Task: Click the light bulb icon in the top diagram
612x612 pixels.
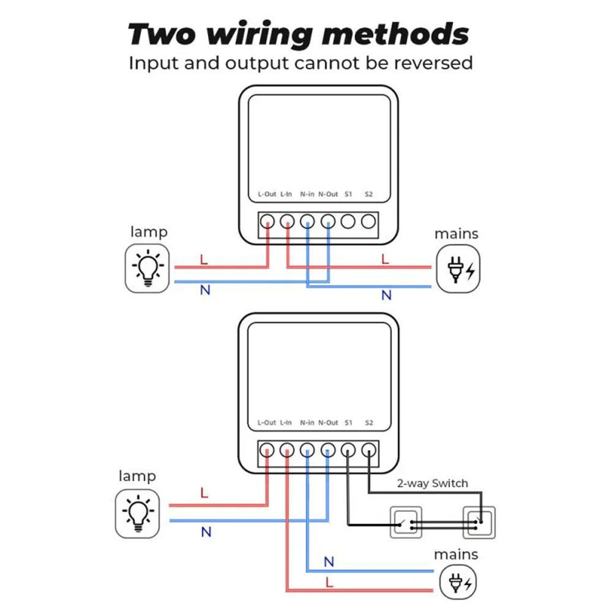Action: tap(147, 267)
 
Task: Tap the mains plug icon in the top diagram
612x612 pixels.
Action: tap(458, 268)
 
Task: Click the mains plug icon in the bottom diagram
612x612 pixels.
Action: tap(458, 580)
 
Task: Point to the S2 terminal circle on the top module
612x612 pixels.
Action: tap(368, 222)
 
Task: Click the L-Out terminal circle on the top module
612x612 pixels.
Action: tap(267, 222)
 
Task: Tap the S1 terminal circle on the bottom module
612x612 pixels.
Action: tap(348, 450)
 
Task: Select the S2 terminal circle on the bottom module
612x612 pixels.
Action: tap(368, 450)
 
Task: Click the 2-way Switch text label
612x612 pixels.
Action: tap(431, 483)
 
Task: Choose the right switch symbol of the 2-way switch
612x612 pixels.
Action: tap(479, 523)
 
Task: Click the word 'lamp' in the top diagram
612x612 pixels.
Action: tap(148, 233)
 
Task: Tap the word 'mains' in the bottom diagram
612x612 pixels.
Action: tap(456, 554)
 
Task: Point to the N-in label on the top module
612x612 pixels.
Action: tap(307, 194)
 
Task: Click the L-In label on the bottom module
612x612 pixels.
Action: tap(286, 423)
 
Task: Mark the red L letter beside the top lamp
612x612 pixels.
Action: tap(204, 260)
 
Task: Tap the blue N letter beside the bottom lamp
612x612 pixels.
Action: tap(206, 532)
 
